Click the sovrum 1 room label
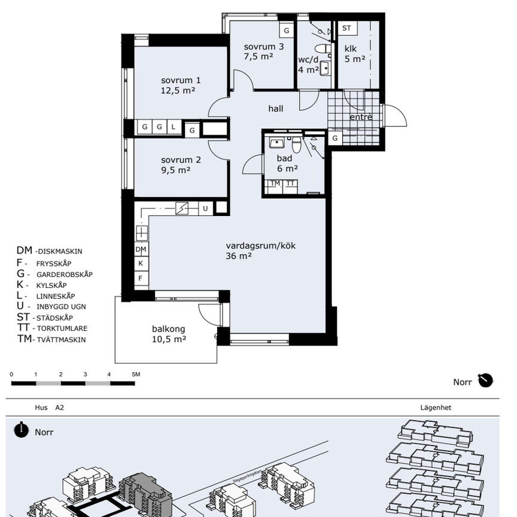click(x=181, y=80)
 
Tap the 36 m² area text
click(x=239, y=256)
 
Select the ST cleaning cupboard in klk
click(x=347, y=28)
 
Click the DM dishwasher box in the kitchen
click(x=141, y=250)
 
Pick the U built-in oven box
click(x=205, y=208)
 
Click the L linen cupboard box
click(x=174, y=127)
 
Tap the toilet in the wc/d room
click(x=323, y=49)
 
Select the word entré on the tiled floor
click(x=361, y=117)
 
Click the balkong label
click(x=169, y=329)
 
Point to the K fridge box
click(x=141, y=263)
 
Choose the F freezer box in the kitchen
click(x=141, y=278)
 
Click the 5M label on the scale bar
click(x=136, y=374)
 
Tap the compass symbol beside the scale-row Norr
click(x=485, y=381)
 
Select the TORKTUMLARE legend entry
click(x=62, y=329)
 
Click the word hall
click(x=276, y=108)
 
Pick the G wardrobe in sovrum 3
click(x=286, y=31)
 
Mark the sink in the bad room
click(x=276, y=143)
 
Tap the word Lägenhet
click(x=436, y=407)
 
